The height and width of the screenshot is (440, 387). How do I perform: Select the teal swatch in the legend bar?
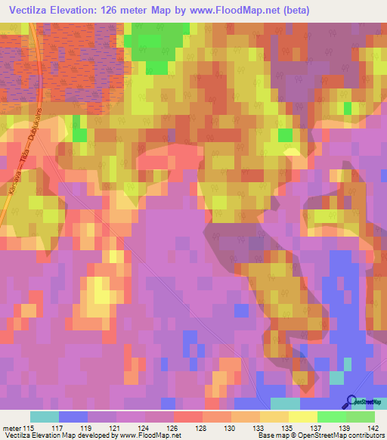pyautogui.click(x=45, y=416)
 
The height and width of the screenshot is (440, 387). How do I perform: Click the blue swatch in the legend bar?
pyautogui.click(x=73, y=416)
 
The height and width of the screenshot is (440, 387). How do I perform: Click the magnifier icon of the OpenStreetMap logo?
pyautogui.click(x=351, y=401)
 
